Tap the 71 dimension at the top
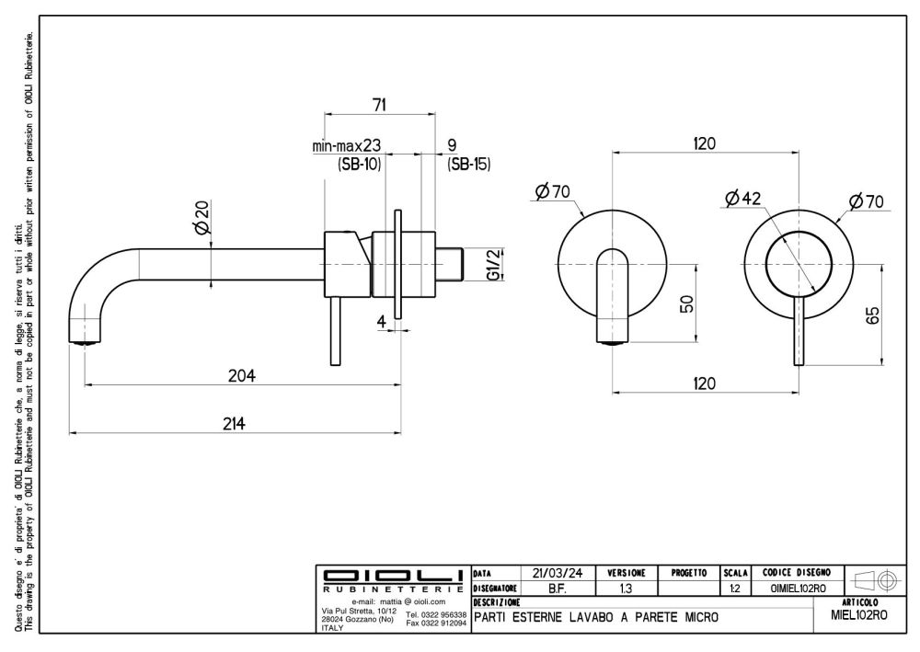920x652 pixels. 378,106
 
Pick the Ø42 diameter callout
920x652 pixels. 743,198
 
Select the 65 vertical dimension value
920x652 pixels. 874,315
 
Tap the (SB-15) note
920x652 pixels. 468,165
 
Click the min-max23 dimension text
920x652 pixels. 347,146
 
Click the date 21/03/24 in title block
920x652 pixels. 557,572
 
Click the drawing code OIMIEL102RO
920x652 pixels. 797,588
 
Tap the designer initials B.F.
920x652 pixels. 557,588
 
